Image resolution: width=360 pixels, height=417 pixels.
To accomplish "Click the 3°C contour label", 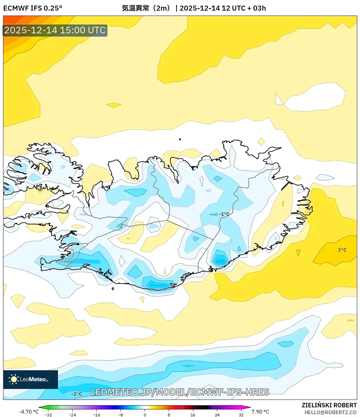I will click(x=342, y=250).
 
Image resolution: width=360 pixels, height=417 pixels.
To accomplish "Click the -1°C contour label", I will click(x=224, y=214).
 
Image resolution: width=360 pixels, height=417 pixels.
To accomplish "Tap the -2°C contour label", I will click(x=77, y=394).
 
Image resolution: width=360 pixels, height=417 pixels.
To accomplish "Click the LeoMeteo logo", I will click(x=30, y=379).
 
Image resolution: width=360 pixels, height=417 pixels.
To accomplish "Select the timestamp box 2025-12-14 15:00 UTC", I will click(x=55, y=30).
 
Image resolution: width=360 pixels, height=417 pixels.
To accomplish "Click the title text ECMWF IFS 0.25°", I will click(x=33, y=8).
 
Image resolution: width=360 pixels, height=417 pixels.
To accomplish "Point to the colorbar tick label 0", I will click(x=145, y=415).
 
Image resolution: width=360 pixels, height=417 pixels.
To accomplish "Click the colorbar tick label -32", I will click(x=48, y=415).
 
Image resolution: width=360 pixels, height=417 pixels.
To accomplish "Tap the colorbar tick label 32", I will click(x=241, y=415).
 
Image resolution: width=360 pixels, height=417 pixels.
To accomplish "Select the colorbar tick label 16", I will click(x=193, y=415).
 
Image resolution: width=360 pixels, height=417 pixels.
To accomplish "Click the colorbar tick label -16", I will click(x=97, y=415).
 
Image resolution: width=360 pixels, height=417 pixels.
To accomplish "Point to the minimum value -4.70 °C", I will click(x=29, y=412).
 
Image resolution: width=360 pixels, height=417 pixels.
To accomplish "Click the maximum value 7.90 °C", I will click(x=260, y=412).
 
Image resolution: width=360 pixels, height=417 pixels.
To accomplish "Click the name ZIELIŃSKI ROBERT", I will click(x=329, y=405).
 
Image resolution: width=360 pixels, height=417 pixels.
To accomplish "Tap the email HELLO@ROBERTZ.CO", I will click(x=330, y=412).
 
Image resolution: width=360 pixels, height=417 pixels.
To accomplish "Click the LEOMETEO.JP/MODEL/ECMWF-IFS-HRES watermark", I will click(x=180, y=392).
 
